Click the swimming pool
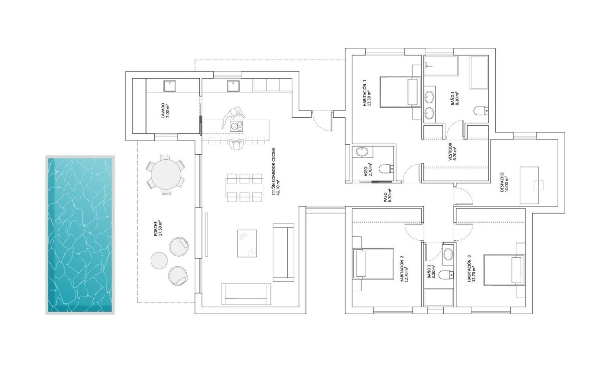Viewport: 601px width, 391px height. (80, 235)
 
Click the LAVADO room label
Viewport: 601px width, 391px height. (165, 111)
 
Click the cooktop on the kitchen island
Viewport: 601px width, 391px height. (236, 126)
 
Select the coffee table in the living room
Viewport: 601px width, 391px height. (247, 244)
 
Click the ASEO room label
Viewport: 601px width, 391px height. (368, 170)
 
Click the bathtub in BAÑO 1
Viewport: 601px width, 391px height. (479, 72)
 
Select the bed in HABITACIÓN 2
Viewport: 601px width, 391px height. (374, 264)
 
